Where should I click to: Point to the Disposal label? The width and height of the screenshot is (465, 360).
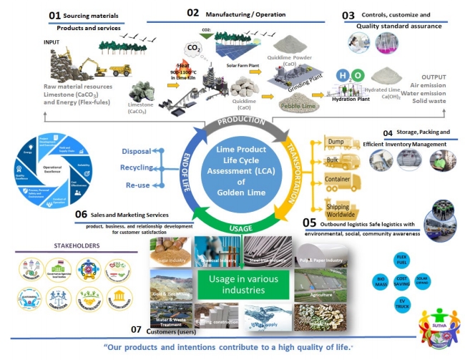click(137, 152)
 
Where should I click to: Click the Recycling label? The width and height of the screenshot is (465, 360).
click(137, 167)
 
